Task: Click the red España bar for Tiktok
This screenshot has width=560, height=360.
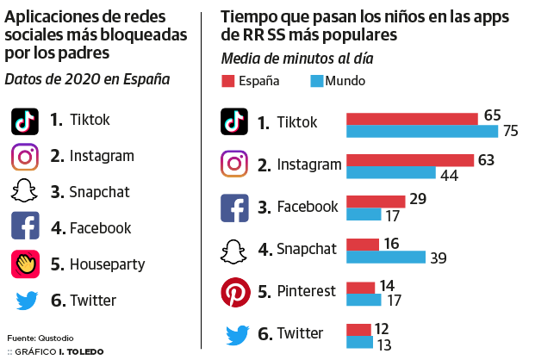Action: point(412,118)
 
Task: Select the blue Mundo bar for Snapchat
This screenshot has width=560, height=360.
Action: point(385,257)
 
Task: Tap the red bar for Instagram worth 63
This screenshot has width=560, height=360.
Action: point(410,160)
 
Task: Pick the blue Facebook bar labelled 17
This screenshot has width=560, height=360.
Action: point(364,214)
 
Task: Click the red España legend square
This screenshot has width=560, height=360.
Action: point(228,81)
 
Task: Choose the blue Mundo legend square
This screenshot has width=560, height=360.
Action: point(316,81)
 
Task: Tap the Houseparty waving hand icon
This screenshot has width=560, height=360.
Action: point(25,264)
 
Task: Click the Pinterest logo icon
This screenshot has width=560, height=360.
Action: point(235,292)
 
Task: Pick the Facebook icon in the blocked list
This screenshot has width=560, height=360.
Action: point(25,228)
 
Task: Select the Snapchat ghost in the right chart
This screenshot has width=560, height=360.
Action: point(235,250)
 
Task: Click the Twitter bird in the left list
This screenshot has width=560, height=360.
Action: point(25,301)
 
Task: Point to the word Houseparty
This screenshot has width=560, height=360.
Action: point(107,264)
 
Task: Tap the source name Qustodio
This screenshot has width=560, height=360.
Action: point(55,337)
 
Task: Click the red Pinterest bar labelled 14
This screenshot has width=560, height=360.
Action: point(360,287)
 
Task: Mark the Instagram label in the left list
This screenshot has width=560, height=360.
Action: point(103,156)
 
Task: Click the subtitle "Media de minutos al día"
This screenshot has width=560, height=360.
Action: point(296,59)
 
